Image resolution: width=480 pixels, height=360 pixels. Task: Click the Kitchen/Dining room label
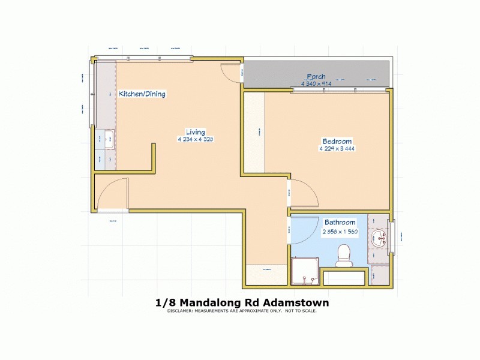click(x=142, y=94)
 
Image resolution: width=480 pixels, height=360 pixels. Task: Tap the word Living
click(x=196, y=132)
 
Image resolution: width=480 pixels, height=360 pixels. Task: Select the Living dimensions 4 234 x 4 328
click(x=196, y=139)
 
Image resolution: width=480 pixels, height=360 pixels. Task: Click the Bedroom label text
click(x=335, y=141)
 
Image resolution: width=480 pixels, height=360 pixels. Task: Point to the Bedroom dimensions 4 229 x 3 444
click(x=335, y=148)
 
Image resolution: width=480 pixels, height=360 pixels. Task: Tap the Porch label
click(x=316, y=76)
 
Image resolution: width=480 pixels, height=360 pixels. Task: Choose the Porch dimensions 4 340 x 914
click(x=316, y=83)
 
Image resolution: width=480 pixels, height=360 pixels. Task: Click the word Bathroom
click(x=340, y=222)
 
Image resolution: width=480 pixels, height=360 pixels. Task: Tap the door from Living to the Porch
click(x=232, y=72)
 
